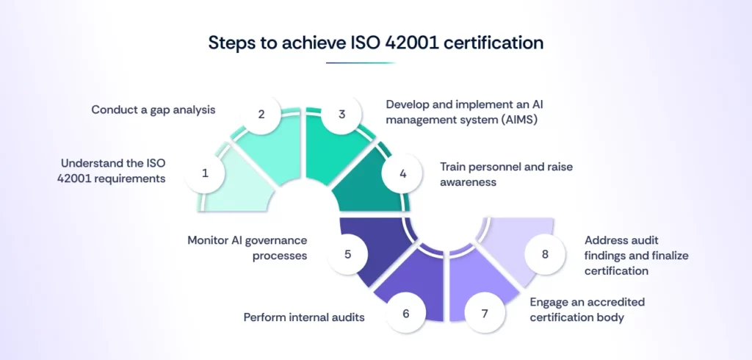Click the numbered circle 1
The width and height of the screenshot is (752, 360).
point(206,173)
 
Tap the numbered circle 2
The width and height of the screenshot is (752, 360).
point(261,115)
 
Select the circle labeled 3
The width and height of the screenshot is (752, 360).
point(341,115)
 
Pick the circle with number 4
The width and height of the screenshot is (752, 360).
point(402,173)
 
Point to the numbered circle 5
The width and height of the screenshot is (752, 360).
point(348,254)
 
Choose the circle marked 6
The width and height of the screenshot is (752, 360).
point(405,313)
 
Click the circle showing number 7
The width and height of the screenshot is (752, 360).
point(484,313)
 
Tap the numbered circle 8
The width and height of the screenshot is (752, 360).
point(545,254)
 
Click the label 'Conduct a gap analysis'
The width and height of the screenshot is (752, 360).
point(153,109)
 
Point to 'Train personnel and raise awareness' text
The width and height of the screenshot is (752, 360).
point(506,173)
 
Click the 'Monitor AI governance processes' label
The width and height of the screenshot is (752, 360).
point(247,247)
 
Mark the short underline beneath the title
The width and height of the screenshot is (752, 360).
point(361,63)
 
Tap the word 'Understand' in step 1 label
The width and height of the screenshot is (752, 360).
point(89,164)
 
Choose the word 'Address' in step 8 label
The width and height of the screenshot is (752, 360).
point(607,240)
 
